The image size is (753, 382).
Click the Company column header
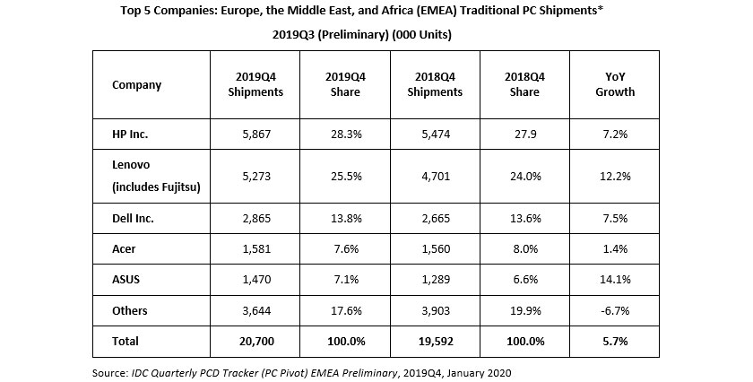(136, 85)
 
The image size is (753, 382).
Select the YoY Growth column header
(616, 84)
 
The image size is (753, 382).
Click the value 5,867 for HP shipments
(255, 134)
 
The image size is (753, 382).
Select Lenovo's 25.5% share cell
(345, 176)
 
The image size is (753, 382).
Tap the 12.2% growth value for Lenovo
(616, 176)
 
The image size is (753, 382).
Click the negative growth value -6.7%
(616, 311)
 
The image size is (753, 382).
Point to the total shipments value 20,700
(255, 342)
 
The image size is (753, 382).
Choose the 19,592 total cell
(436, 342)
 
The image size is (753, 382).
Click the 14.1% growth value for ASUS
(616, 280)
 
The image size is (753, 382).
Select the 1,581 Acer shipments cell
(255, 249)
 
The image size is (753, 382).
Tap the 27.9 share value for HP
(525, 134)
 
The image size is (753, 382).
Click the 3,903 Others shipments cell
(436, 311)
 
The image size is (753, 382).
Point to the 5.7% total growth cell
(616, 342)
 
